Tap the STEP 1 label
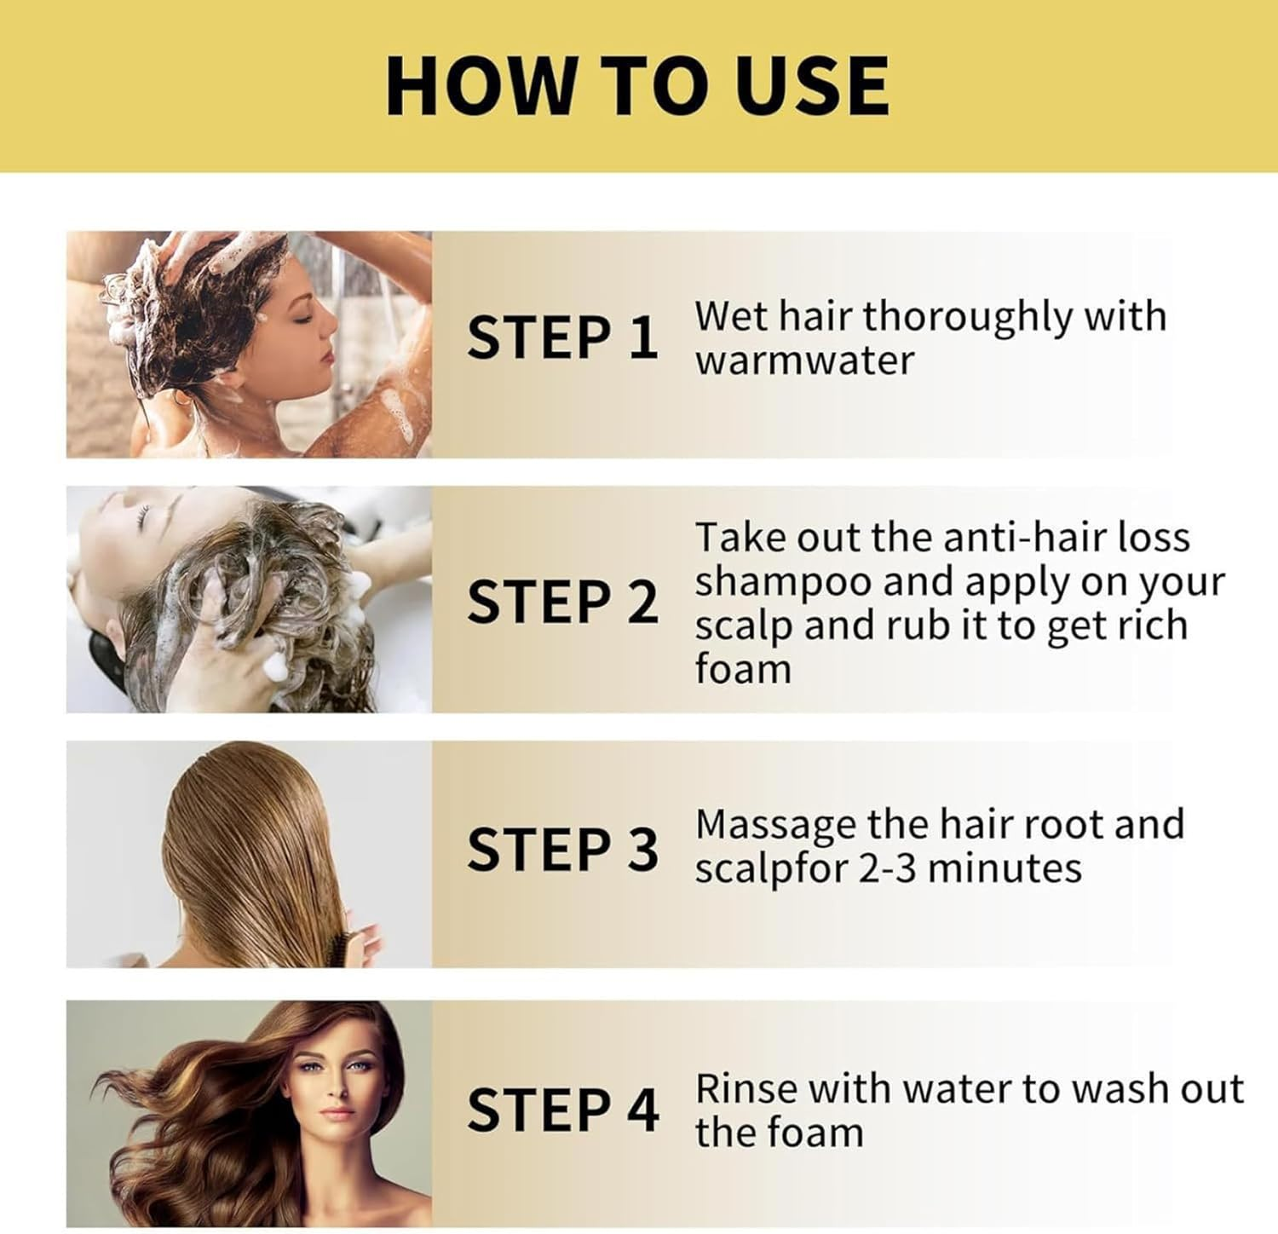(x=562, y=337)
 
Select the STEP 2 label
(x=562, y=602)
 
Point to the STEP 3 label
(x=562, y=850)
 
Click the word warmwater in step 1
(x=803, y=361)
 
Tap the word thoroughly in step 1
(x=967, y=317)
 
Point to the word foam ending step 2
(x=742, y=669)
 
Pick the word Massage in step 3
(x=775, y=826)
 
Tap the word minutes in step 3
(x=1005, y=869)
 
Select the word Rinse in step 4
(x=746, y=1089)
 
